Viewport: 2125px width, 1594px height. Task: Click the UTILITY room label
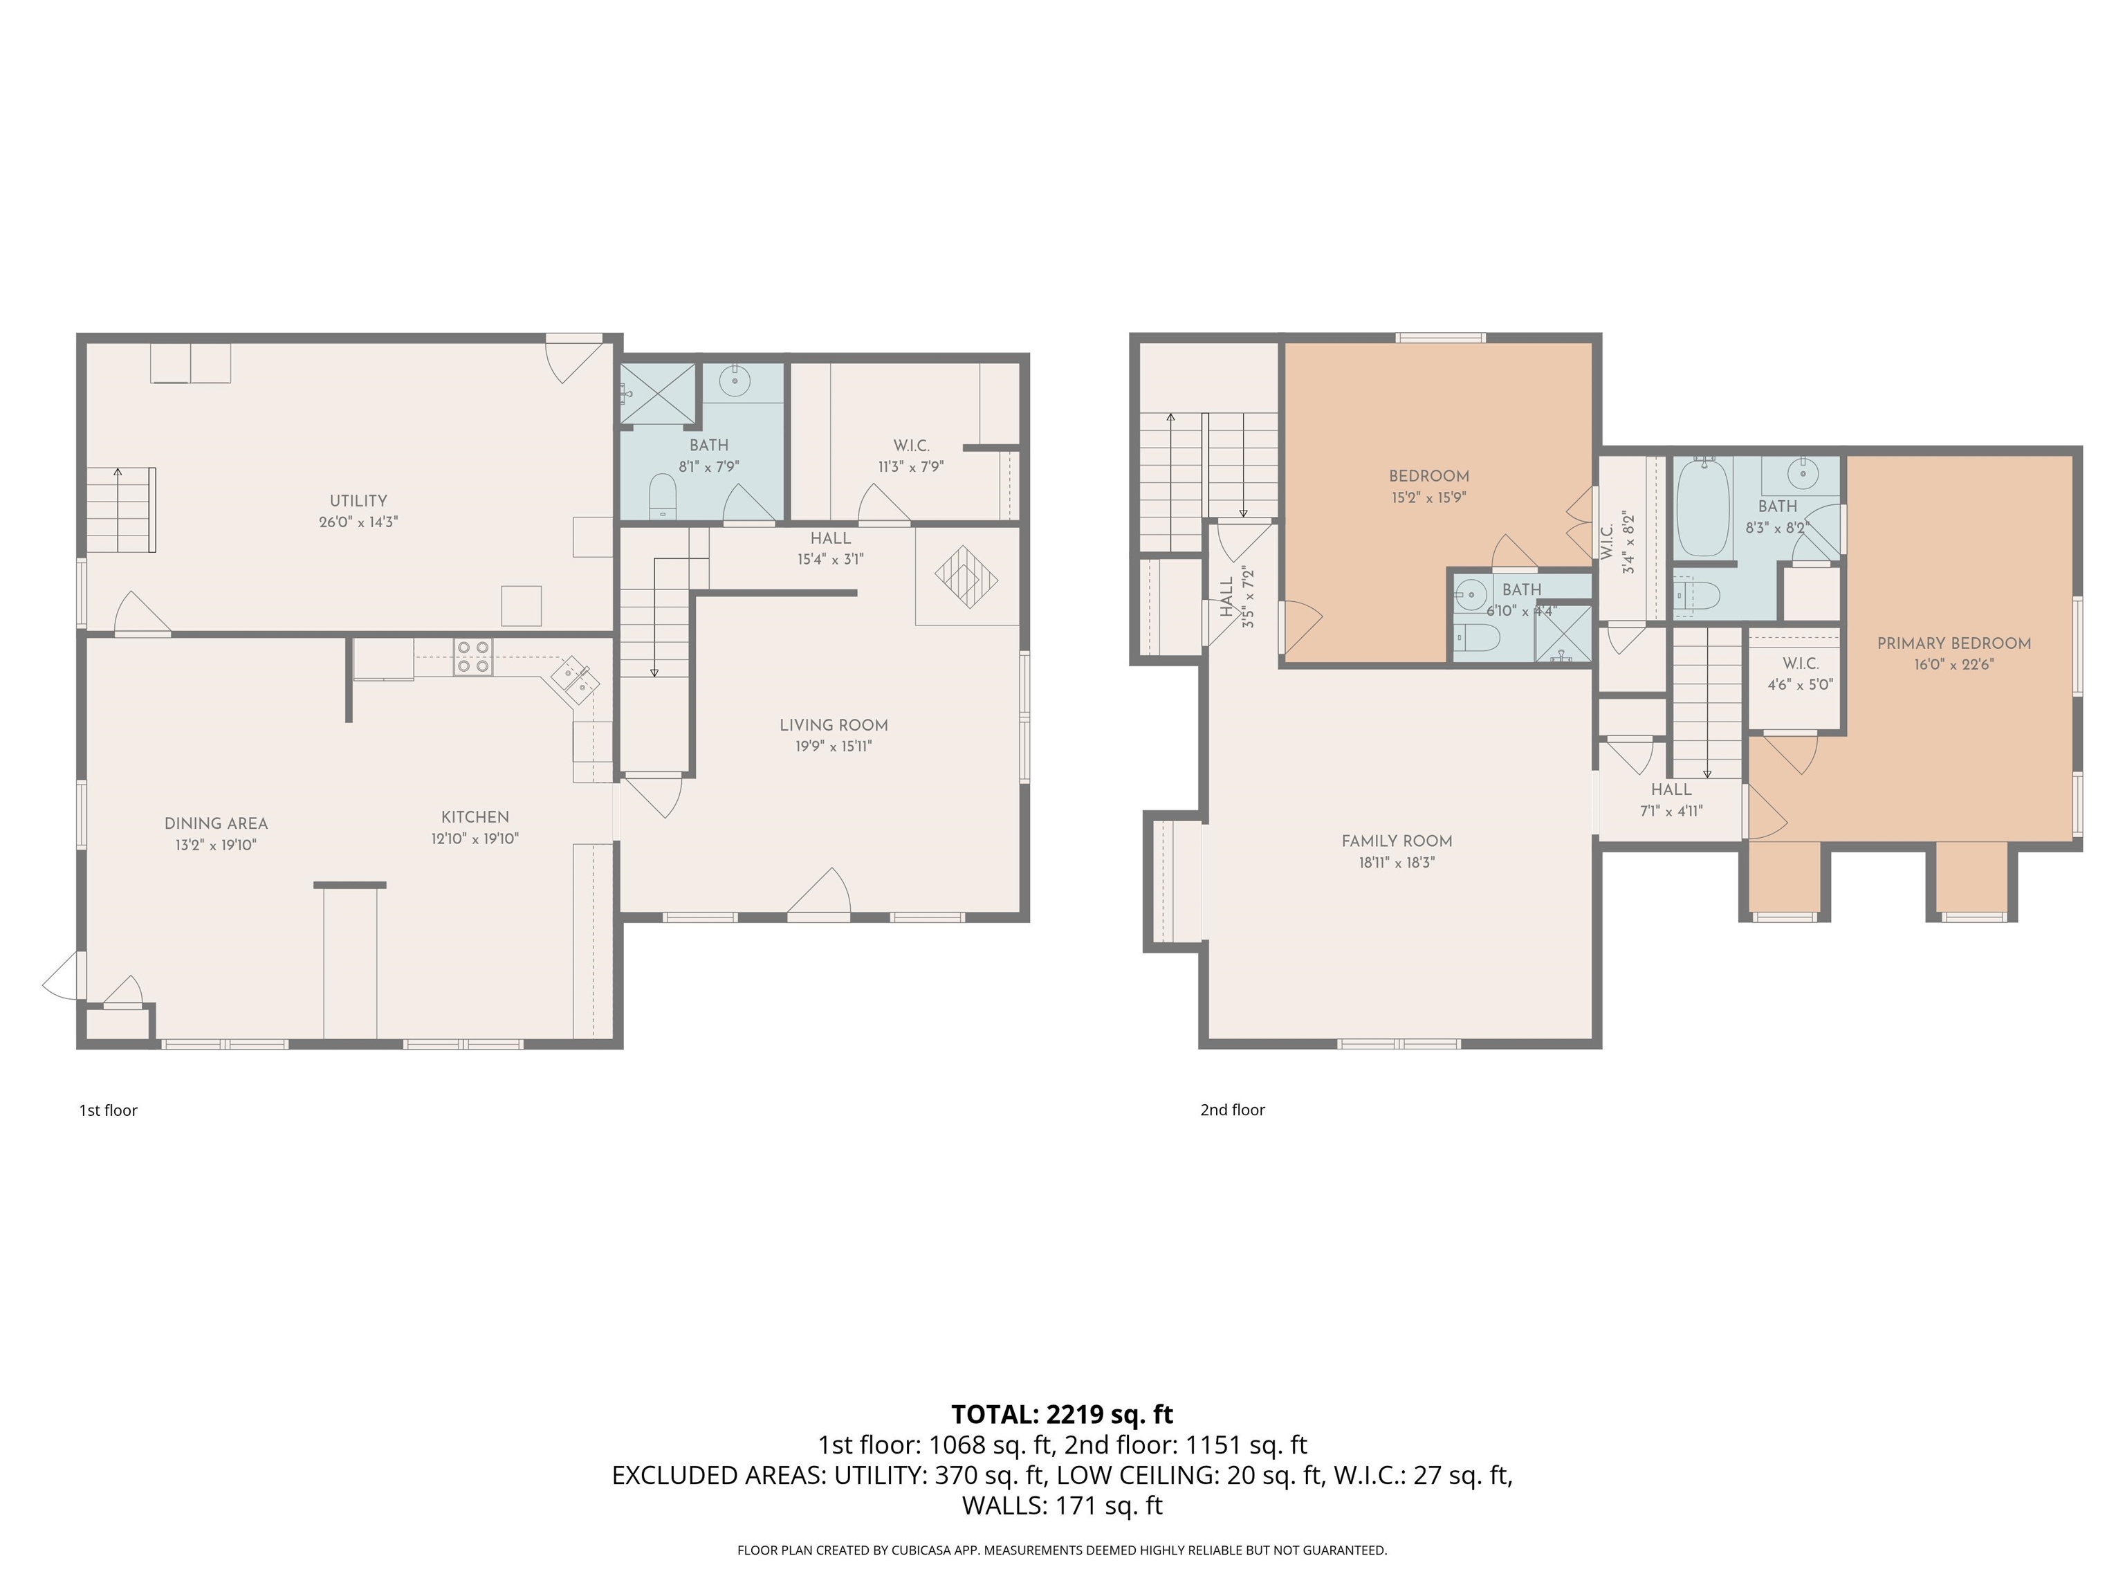coord(358,501)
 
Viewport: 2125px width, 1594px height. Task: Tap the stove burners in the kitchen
coord(472,657)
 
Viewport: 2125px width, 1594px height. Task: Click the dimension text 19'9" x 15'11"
coord(833,746)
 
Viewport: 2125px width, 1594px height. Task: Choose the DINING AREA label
coord(216,823)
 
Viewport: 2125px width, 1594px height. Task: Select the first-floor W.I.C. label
coord(911,446)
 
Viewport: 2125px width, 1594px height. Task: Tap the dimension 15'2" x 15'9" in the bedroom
coord(1428,497)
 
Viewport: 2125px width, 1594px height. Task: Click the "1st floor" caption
coord(109,1110)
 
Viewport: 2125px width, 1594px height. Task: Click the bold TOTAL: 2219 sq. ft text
coord(1062,1414)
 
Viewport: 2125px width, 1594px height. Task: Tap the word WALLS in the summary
coord(1003,1505)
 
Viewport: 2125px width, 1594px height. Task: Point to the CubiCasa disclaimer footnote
coord(1062,1550)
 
